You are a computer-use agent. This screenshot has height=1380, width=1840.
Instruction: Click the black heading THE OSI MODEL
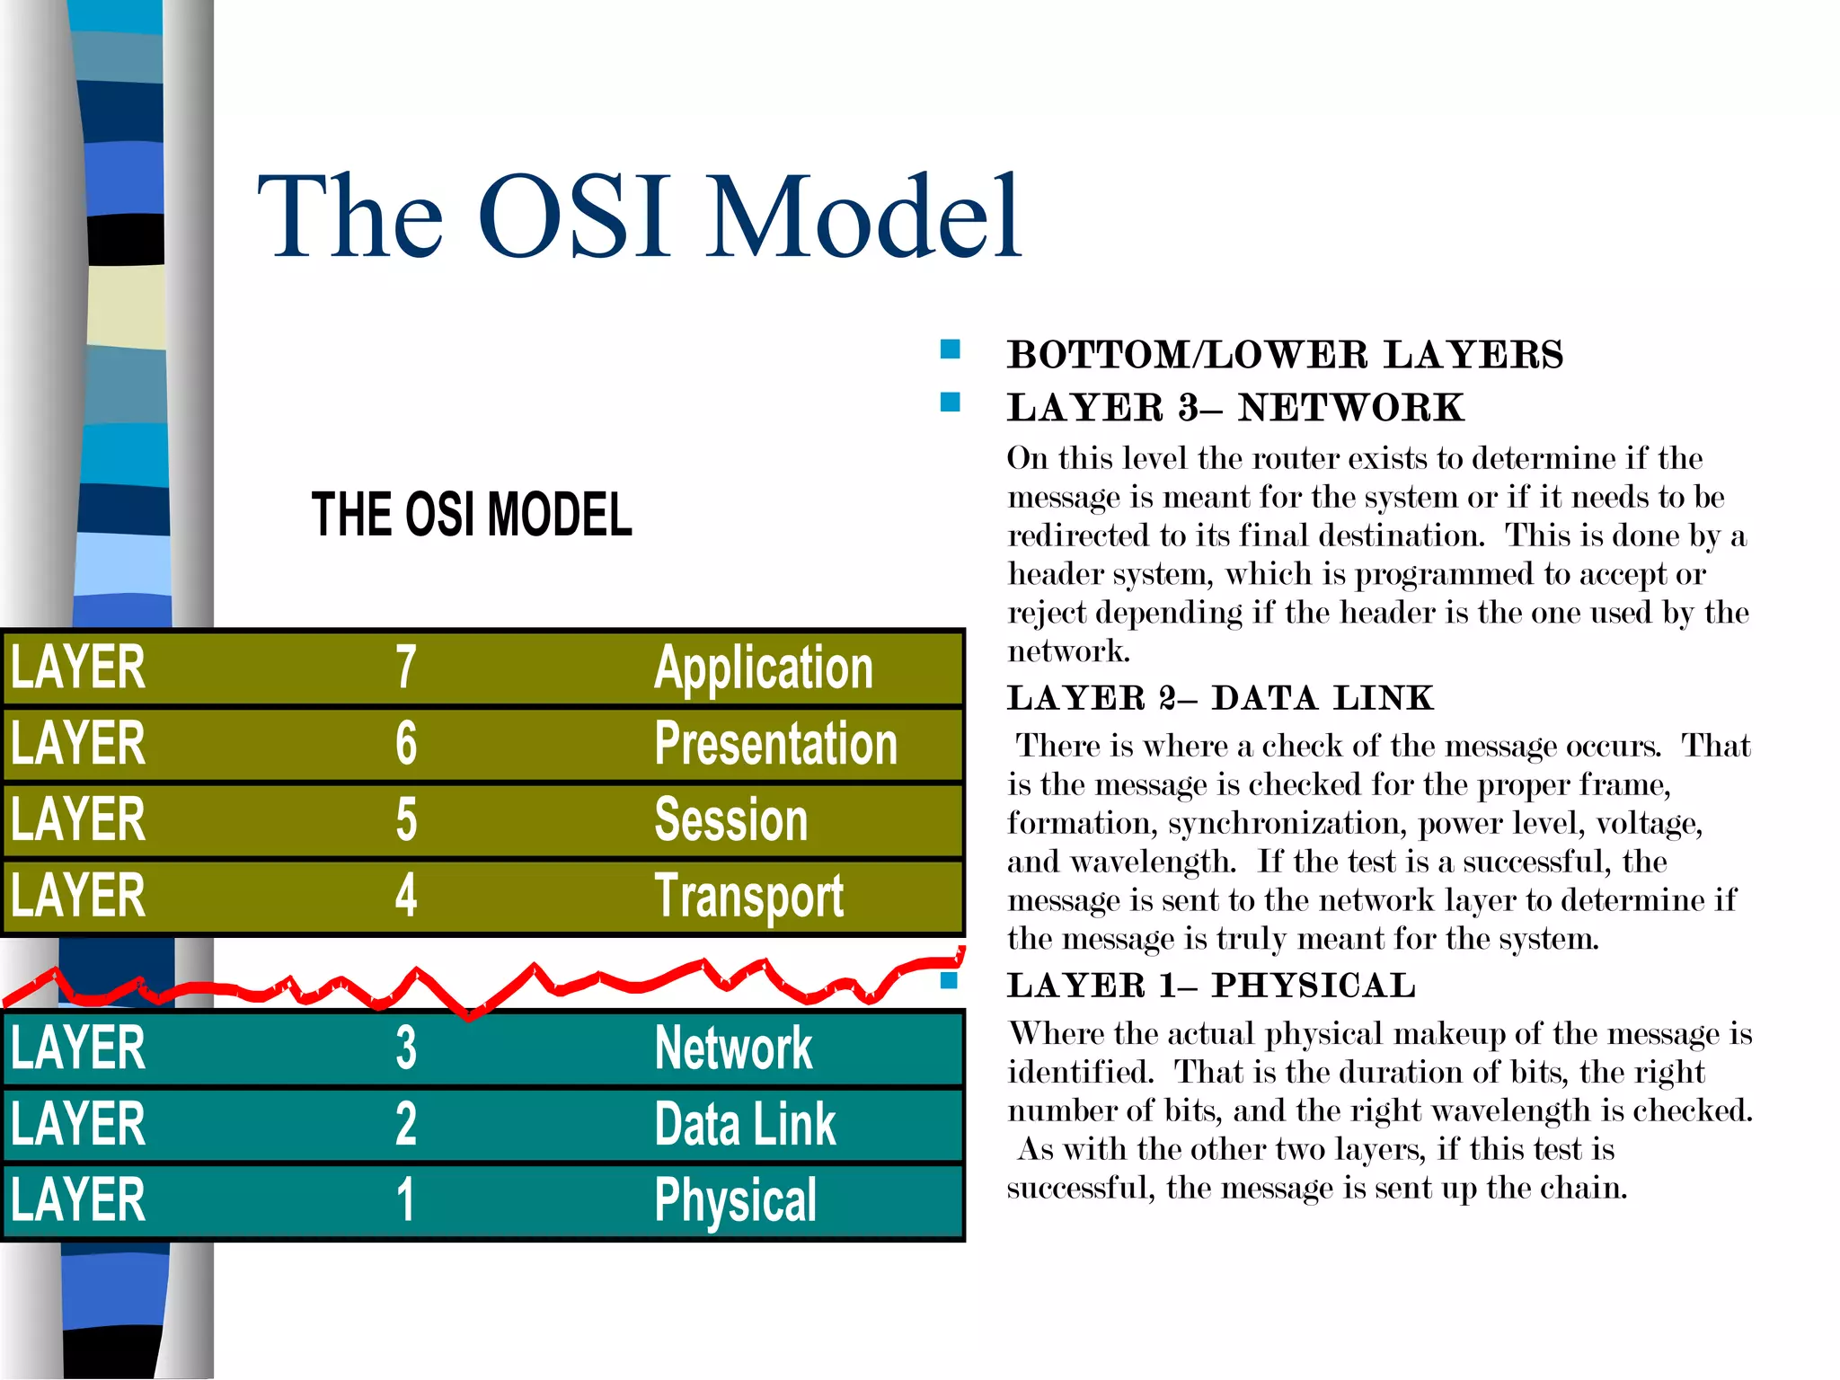point(472,515)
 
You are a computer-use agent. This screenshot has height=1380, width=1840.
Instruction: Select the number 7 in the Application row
point(406,668)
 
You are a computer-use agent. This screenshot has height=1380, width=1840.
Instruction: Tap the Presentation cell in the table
point(775,744)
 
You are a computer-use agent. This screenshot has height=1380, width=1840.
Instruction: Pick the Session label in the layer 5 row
point(730,819)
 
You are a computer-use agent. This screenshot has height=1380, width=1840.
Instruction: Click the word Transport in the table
point(748,896)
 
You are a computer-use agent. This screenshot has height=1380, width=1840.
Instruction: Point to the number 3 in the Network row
point(406,1048)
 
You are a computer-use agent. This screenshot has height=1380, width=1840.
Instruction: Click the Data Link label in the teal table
point(745,1124)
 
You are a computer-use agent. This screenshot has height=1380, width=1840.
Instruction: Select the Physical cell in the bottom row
point(735,1200)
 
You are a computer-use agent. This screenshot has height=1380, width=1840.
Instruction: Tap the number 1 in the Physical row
point(406,1200)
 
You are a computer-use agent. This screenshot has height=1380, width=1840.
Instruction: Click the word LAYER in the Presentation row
point(78,744)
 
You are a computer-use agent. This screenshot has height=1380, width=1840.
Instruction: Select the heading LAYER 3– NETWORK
point(1234,408)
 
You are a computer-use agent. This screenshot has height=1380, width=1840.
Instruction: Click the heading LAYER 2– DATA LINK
point(1219,698)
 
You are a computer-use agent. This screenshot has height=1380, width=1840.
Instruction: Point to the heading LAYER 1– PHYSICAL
point(1210,986)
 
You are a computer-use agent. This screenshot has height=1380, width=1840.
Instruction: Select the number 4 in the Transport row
point(406,896)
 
